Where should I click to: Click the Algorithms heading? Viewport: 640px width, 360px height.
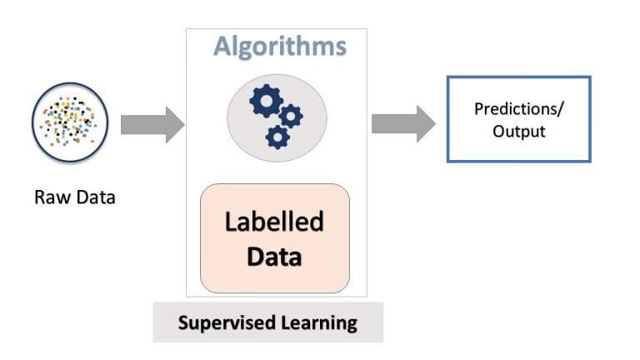279,46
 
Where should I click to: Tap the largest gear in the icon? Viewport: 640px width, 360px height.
266,102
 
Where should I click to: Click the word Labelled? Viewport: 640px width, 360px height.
274,222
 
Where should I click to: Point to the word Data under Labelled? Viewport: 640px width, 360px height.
274,255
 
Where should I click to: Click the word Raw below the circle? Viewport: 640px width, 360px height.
49,197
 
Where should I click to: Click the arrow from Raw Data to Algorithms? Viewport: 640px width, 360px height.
152,125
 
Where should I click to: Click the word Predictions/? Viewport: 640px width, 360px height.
517,108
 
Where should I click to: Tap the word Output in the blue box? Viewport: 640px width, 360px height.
517,131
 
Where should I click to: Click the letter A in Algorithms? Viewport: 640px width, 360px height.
222,46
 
